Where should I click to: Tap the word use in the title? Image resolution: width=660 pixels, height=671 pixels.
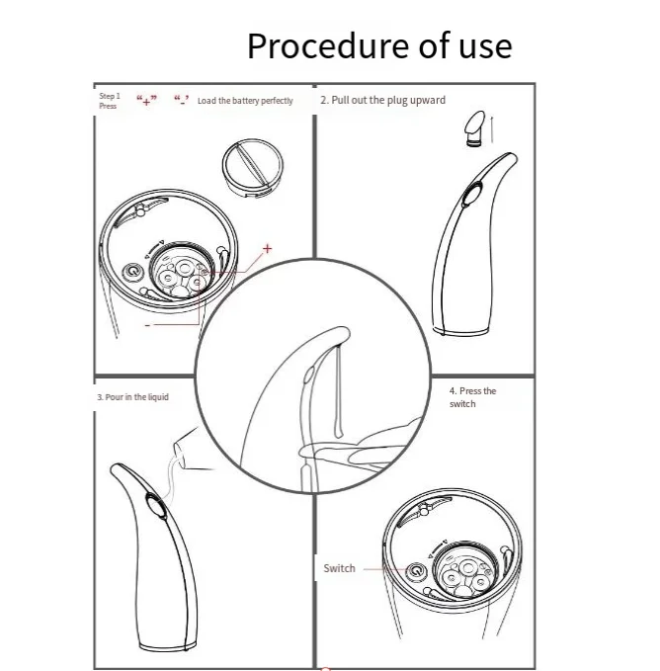(485, 46)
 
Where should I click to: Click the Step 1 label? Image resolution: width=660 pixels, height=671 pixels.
(110, 96)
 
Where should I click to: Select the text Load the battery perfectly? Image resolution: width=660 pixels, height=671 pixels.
(245, 101)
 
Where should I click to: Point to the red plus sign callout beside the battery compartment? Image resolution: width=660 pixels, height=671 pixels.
(268, 248)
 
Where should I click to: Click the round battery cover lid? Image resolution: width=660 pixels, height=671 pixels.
(252, 168)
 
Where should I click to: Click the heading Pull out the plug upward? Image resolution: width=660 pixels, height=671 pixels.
(382, 100)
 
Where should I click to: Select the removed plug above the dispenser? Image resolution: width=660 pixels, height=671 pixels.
(475, 127)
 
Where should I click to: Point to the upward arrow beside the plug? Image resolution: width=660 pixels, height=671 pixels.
(492, 128)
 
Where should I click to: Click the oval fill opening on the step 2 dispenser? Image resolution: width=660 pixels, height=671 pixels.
(472, 194)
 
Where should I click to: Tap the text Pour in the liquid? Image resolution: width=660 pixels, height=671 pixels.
(132, 397)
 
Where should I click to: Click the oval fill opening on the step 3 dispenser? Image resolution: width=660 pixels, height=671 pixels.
(156, 506)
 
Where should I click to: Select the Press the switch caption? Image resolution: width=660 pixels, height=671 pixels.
(472, 397)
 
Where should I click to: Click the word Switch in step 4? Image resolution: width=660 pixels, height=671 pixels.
(339, 568)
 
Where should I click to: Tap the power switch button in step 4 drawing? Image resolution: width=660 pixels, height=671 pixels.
(416, 571)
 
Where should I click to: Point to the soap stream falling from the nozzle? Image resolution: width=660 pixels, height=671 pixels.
(338, 389)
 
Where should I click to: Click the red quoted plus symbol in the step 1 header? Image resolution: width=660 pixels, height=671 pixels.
(146, 101)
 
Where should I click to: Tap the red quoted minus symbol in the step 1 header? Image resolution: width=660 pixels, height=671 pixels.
(182, 101)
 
